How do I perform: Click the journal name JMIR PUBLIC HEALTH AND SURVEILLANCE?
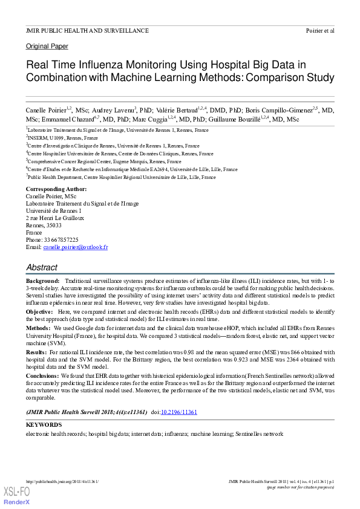[x=87, y=30]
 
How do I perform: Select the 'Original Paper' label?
[x=47, y=46]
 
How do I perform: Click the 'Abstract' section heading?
[x=42, y=267]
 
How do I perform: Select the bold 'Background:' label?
[x=42, y=282]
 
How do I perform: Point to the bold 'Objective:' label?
[x=39, y=311]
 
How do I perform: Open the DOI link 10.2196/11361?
[x=178, y=412]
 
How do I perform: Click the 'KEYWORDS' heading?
[x=44, y=425]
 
